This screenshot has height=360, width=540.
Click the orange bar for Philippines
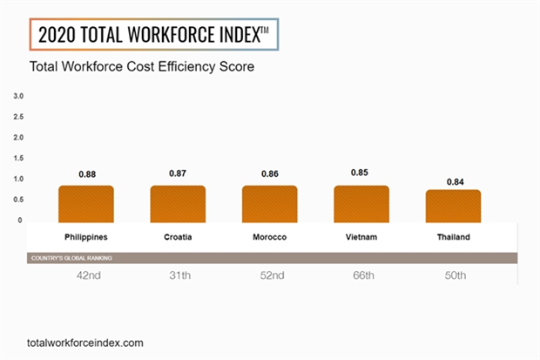click(x=86, y=203)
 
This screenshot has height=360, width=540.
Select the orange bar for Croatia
click(x=178, y=203)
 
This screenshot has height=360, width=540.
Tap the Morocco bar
click(x=270, y=203)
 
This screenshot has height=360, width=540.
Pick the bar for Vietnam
click(x=361, y=203)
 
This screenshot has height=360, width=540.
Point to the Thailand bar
click(x=453, y=206)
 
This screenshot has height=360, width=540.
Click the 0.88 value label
click(x=86, y=174)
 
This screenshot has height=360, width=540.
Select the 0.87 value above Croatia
click(x=178, y=174)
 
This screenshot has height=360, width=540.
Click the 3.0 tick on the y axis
click(x=19, y=95)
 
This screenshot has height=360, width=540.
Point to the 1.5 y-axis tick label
click(x=19, y=158)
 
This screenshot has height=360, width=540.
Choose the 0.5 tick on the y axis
click(x=19, y=200)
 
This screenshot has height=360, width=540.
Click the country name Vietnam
click(x=361, y=237)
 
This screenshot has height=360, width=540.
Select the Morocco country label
click(x=270, y=237)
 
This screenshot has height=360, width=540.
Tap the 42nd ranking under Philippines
click(x=86, y=276)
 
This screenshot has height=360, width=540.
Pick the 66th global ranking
click(x=361, y=276)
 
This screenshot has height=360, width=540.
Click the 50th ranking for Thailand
click(x=453, y=276)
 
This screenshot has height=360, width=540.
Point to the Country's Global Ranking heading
click(x=71, y=258)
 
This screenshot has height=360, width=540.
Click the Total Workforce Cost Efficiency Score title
click(x=142, y=67)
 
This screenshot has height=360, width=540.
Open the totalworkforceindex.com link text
click(x=85, y=343)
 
